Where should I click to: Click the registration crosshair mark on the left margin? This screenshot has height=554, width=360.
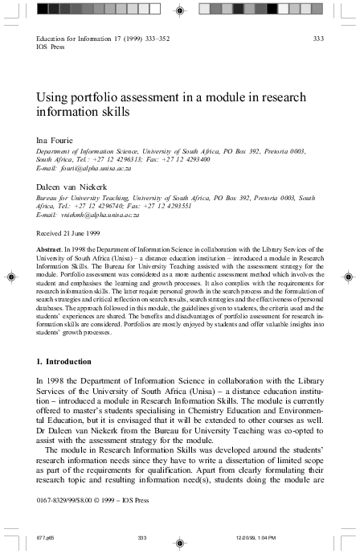click(x=10, y=275)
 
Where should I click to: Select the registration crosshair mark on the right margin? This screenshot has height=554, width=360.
click(x=350, y=275)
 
